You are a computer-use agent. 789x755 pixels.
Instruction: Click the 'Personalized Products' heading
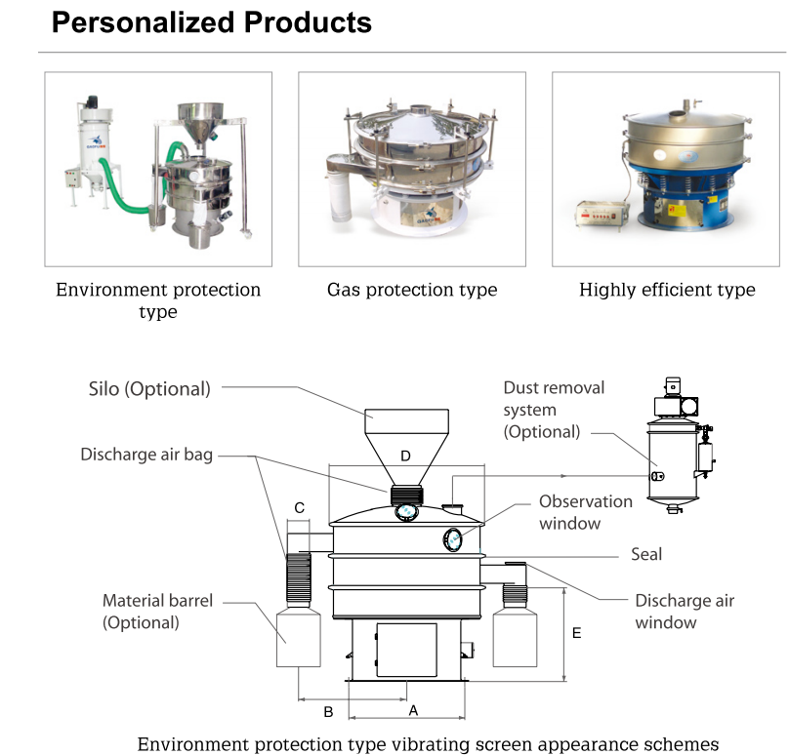pos(212,21)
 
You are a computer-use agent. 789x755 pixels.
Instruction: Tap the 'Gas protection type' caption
pos(411,290)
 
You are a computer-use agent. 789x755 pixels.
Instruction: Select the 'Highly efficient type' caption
pos(667,290)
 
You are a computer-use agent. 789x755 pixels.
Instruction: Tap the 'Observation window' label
pos(586,511)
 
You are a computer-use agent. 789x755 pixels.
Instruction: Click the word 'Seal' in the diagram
pos(645,554)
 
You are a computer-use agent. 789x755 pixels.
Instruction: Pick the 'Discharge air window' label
pos(684,611)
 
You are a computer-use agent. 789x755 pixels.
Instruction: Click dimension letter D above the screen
pos(406,456)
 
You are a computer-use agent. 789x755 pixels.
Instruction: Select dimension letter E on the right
pos(576,634)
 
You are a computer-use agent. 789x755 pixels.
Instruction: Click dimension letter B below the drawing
pos(328,712)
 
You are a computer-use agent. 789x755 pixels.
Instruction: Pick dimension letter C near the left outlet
pos(300,507)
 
